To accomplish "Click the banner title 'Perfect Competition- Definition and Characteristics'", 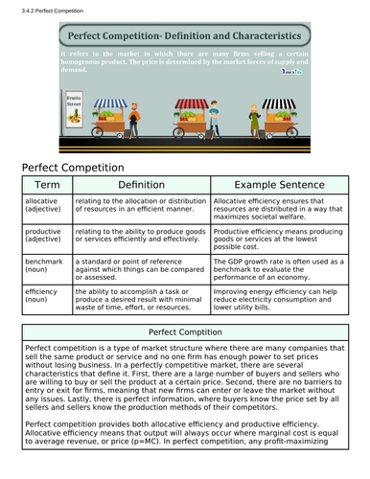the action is point(183,35).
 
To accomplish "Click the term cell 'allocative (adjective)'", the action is point(47,206).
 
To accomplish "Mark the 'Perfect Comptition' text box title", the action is point(185,331).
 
